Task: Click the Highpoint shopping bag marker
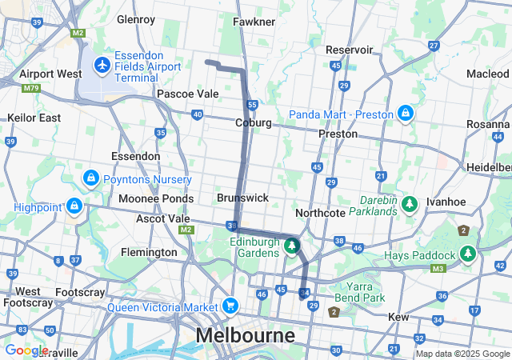pos(74,206)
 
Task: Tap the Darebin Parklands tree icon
pos(410,205)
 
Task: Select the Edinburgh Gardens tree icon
pos(292,246)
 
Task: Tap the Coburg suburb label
pos(253,122)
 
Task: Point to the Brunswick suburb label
pos(242,197)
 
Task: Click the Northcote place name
pos(319,213)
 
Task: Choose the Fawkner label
pos(254,22)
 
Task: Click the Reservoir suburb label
pos(350,50)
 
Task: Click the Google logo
pos(26,350)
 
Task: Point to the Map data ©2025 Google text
pos(462,354)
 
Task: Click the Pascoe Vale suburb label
pos(187,94)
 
